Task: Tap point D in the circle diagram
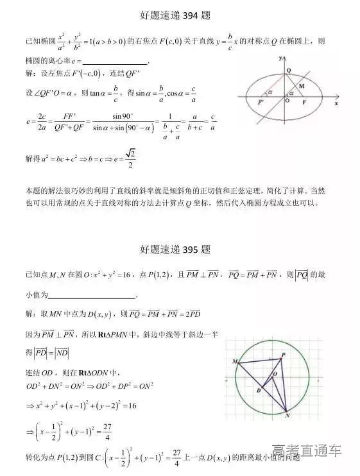259,389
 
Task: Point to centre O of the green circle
275,373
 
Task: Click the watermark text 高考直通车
306,451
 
